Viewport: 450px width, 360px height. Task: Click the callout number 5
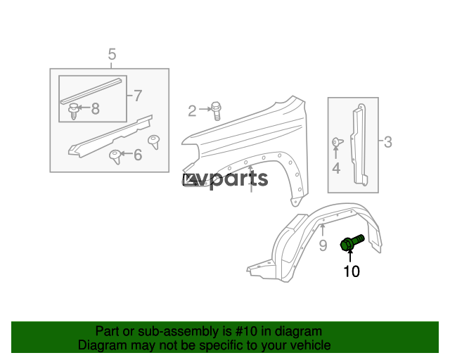(112, 54)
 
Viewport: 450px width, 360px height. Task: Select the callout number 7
(137, 95)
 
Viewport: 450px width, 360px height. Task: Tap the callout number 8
(95, 108)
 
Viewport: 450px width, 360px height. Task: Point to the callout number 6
(137, 154)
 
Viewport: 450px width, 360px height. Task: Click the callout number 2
(192, 110)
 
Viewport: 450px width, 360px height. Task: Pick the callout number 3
(387, 143)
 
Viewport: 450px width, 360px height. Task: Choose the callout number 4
(336, 168)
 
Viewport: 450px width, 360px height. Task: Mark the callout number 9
(323, 245)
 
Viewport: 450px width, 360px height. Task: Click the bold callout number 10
(351, 271)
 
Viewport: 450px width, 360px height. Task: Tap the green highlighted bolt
(350, 243)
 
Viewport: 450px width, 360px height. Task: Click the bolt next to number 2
(216, 110)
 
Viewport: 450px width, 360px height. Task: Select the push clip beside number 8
(73, 110)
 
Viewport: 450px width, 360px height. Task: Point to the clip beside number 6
(114, 155)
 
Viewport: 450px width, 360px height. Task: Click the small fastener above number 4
(336, 142)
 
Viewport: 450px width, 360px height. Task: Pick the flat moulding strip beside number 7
(90, 88)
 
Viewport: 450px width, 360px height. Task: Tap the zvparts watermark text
(226, 179)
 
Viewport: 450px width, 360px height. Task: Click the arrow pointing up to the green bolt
(350, 256)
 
